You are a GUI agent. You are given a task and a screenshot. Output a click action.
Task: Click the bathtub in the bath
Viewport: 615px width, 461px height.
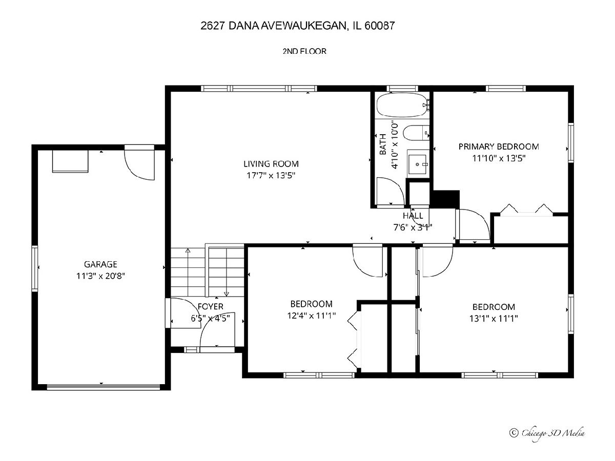402,105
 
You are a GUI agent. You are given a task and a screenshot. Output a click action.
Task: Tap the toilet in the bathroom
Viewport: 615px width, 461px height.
416,133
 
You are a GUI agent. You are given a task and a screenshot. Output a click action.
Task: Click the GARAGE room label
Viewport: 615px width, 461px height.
100,264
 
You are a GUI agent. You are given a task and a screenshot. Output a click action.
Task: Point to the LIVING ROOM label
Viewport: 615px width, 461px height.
271,164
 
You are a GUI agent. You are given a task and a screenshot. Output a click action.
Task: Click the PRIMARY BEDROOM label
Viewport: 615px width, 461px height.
499,146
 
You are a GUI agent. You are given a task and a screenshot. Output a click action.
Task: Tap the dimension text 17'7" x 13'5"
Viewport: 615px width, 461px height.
271,176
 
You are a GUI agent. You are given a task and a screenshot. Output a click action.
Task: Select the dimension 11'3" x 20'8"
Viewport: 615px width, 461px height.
100,276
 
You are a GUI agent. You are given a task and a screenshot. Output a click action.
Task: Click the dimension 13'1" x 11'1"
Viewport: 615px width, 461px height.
494,319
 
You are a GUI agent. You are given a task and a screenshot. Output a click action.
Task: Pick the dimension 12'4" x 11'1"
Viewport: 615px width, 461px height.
311,316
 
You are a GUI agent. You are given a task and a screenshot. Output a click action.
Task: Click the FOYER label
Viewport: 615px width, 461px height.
211,306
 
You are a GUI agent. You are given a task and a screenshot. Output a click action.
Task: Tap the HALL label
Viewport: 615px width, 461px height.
413,216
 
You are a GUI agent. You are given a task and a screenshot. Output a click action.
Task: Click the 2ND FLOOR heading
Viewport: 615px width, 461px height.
304,51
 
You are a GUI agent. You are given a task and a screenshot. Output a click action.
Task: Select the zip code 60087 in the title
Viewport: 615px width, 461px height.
380,26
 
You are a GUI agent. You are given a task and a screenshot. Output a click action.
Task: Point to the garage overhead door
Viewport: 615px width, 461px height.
103,387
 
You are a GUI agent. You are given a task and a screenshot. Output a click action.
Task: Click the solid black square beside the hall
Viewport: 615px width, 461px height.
445,199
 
